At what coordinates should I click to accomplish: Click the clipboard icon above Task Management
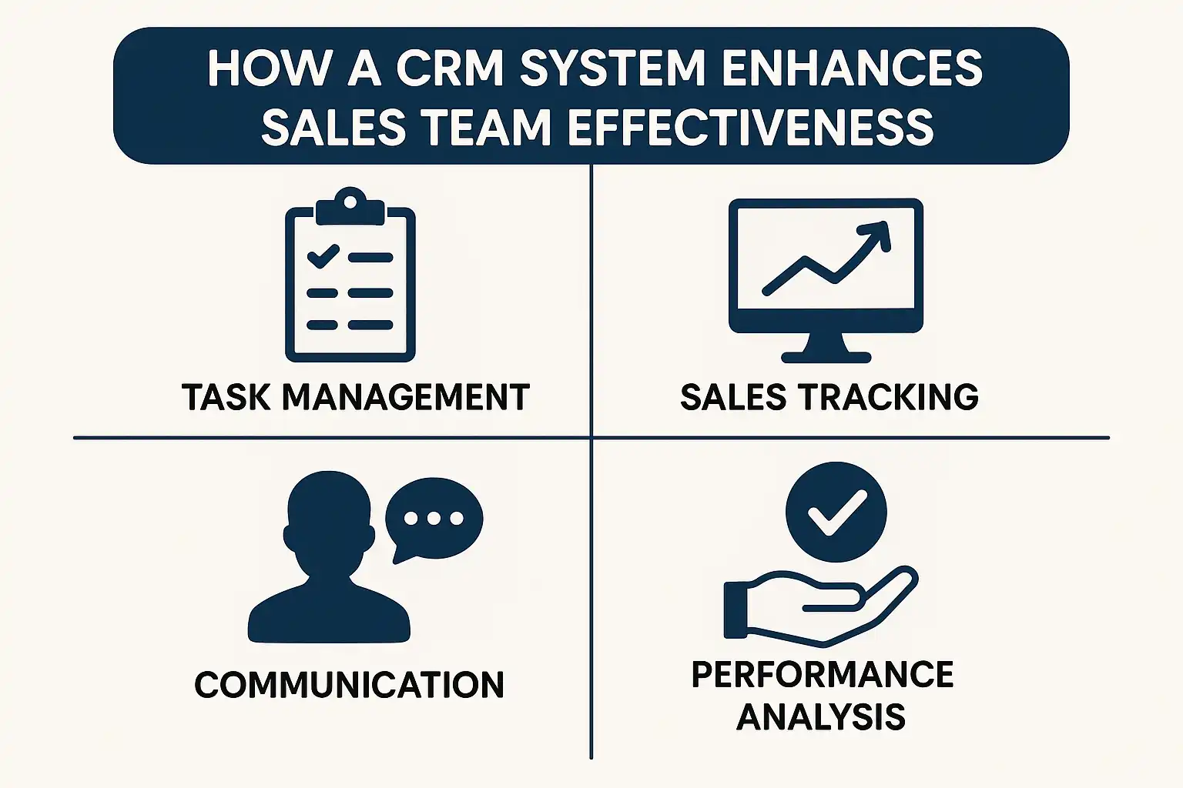tap(350, 277)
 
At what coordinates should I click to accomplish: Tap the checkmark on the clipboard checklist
tap(323, 255)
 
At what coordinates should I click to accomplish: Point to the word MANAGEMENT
tap(406, 398)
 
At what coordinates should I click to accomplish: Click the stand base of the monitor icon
tap(826, 356)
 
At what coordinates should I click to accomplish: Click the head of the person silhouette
tap(328, 516)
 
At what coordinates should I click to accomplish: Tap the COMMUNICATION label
tap(349, 685)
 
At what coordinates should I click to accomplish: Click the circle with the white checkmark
tap(836, 512)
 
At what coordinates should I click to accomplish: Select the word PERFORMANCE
tap(823, 675)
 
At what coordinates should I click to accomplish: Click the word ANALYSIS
tap(821, 717)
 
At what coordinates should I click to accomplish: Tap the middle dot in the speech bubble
tap(434, 518)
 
